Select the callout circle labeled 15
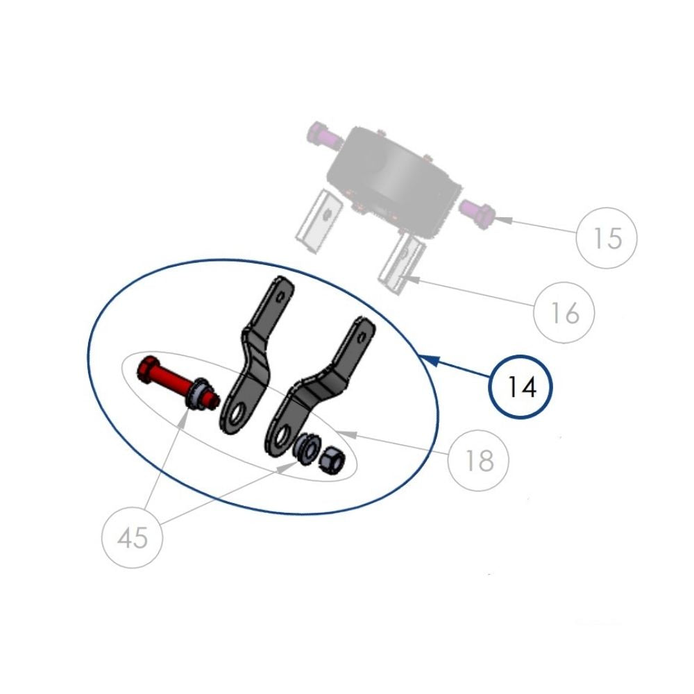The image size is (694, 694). tap(607, 238)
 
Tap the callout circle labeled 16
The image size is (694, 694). tap(565, 313)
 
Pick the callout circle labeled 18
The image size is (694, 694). tap(478, 459)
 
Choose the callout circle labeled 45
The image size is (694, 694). tap(133, 537)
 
